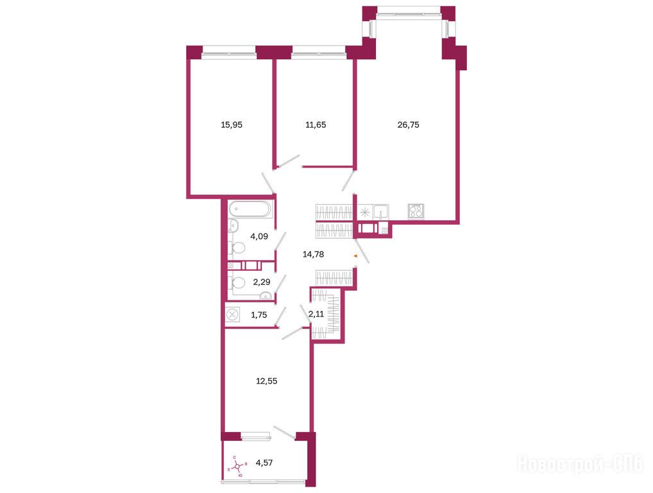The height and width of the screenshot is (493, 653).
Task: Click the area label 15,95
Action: [232, 125]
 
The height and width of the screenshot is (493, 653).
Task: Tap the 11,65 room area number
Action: [316, 125]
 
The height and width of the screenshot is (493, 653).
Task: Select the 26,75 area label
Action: [408, 125]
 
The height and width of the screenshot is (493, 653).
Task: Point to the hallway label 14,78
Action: [313, 254]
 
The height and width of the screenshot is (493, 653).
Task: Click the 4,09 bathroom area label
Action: [259, 236]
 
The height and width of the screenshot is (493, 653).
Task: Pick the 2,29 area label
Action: [262, 282]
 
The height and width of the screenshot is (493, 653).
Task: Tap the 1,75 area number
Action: [259, 315]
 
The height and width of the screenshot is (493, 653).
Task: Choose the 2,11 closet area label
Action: [316, 314]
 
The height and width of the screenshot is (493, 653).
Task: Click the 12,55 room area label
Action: [267, 381]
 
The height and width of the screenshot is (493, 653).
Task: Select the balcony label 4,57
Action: [264, 463]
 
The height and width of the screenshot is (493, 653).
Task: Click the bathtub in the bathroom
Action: [250, 209]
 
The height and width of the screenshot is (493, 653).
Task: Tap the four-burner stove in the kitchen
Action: [416, 211]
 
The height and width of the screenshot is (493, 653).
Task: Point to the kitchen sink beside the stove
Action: [381, 212]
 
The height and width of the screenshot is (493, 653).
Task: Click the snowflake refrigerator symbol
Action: [365, 212]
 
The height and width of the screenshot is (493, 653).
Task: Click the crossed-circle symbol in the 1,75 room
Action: [232, 314]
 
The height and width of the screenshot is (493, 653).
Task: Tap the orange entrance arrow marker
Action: [355, 256]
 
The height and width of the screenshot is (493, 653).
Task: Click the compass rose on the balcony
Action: [237, 467]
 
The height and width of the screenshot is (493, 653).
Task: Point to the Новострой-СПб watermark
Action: [580, 464]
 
